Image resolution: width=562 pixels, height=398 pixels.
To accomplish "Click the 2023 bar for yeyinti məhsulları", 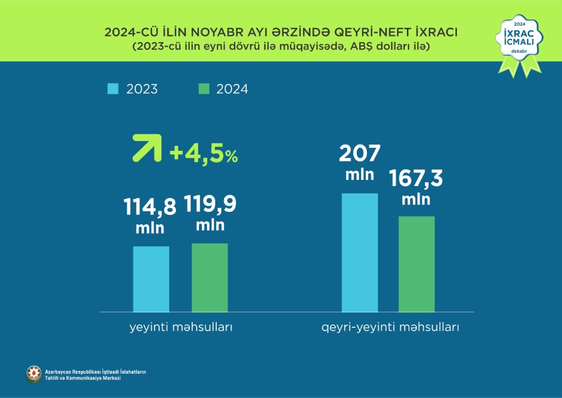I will [151, 279].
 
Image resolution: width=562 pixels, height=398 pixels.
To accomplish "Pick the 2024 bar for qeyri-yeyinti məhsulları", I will [416, 264].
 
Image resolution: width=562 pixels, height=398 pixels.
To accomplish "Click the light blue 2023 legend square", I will [113, 89].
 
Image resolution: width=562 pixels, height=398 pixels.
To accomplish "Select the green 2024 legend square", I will [204, 89].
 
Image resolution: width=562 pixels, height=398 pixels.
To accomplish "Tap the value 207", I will [360, 153].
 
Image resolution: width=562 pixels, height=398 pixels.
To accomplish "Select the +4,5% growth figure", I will [203, 153].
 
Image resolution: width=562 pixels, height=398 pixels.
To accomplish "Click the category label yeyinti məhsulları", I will [179, 327].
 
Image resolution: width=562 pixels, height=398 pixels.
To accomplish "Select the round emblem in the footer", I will [34, 372].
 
